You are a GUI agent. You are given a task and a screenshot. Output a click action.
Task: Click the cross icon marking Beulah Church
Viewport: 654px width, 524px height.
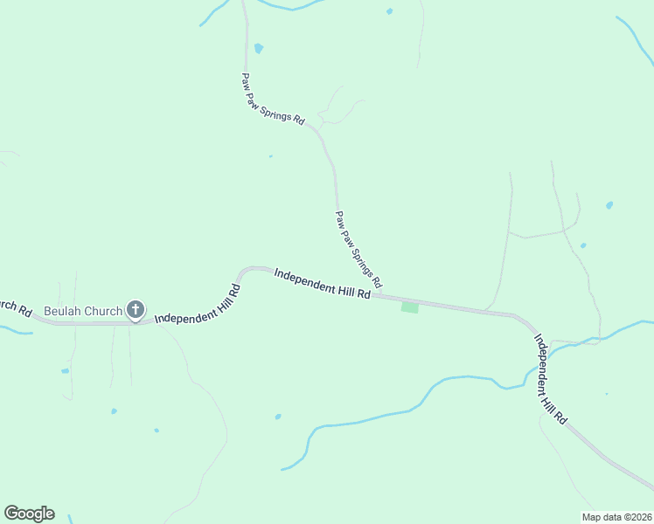(x=136, y=309)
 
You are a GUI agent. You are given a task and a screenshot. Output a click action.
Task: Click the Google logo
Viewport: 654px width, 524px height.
(x=29, y=513)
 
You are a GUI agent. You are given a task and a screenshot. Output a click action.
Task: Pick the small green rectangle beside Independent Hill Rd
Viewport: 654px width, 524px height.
(x=409, y=307)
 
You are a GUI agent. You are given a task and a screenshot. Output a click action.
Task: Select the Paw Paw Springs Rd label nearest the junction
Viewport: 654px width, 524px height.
(x=358, y=250)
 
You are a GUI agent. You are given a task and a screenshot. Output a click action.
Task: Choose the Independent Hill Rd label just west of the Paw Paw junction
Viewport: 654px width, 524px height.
(x=322, y=285)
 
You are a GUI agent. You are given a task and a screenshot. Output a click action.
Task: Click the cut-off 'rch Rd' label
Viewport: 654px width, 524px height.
(x=15, y=307)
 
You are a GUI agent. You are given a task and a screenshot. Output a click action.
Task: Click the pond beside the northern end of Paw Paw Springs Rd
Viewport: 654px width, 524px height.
(x=258, y=48)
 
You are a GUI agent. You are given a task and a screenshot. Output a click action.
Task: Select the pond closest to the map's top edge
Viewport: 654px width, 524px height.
(x=389, y=11)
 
